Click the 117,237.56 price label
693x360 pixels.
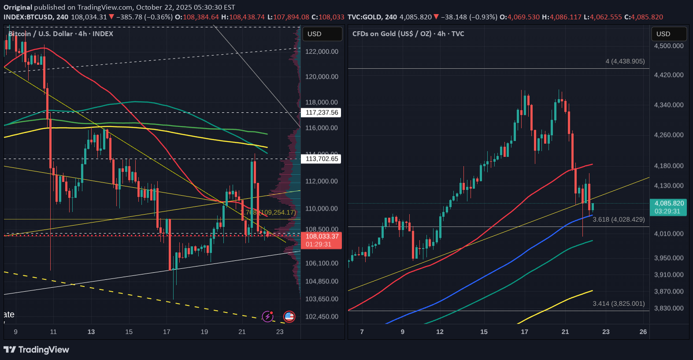pyautogui.click(x=322, y=112)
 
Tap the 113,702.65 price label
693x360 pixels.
pyautogui.click(x=322, y=159)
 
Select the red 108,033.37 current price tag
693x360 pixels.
pyautogui.click(x=322, y=240)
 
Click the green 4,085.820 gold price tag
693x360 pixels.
pyautogui.click(x=669, y=207)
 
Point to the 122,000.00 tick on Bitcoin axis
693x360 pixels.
pyautogui.click(x=322, y=52)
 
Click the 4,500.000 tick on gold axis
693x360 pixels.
pyautogui.click(x=669, y=46)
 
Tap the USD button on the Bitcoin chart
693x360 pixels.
pyautogui.click(x=322, y=34)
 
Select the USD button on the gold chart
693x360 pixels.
pyautogui.click(x=669, y=34)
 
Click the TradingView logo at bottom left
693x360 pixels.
pyautogui.click(x=37, y=350)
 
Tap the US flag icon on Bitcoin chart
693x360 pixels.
pyautogui.click(x=289, y=316)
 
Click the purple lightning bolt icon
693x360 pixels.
pyautogui.click(x=267, y=316)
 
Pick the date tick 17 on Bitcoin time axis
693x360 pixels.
pyautogui.click(x=167, y=332)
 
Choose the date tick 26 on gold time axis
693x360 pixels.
pyautogui.click(x=643, y=332)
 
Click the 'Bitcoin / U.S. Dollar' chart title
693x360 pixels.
pyautogui.click(x=61, y=34)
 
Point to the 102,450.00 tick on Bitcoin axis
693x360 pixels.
pyautogui.click(x=322, y=316)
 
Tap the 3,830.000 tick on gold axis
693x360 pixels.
pyautogui.click(x=669, y=308)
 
